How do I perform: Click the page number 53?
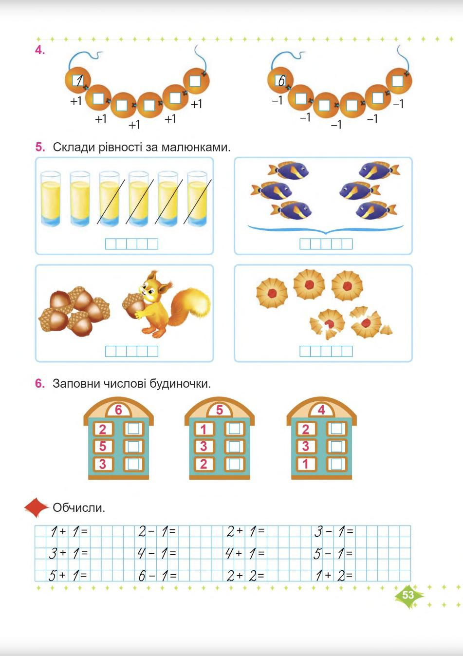(408, 595)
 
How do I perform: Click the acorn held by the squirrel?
(132, 303)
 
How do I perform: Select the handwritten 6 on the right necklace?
(281, 80)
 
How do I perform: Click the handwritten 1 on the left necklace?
(79, 80)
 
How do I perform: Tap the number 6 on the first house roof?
(118, 410)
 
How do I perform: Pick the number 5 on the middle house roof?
(219, 410)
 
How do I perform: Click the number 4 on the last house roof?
(321, 410)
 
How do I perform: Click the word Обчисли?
(79, 507)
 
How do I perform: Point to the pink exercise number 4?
(39, 50)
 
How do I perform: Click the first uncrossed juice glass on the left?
(51, 199)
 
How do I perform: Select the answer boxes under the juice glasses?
(131, 244)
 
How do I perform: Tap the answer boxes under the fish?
(326, 244)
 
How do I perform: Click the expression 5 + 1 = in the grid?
(68, 575)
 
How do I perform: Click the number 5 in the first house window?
(103, 447)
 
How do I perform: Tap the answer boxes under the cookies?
(326, 351)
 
